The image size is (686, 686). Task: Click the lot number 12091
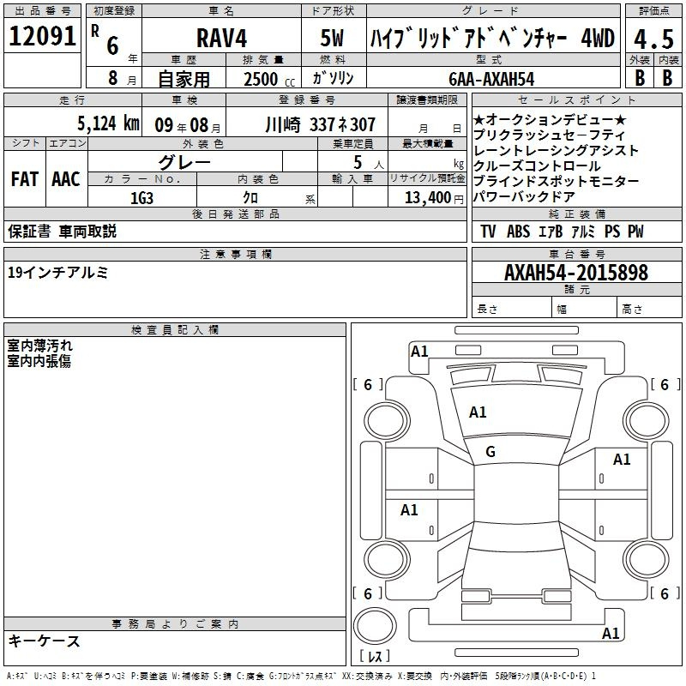point(42,36)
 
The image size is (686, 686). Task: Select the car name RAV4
point(222,38)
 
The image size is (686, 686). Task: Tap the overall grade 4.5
point(653,39)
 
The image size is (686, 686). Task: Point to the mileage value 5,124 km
point(108,123)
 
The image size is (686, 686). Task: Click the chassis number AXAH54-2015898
point(576,273)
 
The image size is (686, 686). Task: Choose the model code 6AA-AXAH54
point(491,79)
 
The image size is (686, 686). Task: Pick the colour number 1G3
point(141,198)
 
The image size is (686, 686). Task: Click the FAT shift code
point(25,179)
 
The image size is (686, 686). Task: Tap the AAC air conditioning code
point(66,179)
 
